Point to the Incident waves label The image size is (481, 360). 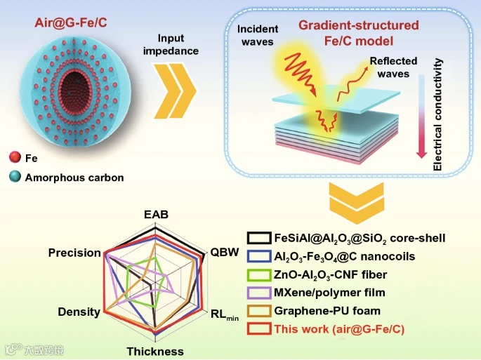point(257,35)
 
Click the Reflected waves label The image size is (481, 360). point(393,67)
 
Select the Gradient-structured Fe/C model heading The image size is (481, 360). point(358,32)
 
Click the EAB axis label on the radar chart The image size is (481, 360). point(156,215)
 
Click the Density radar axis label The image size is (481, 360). point(79,311)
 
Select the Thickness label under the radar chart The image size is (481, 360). point(155,351)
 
